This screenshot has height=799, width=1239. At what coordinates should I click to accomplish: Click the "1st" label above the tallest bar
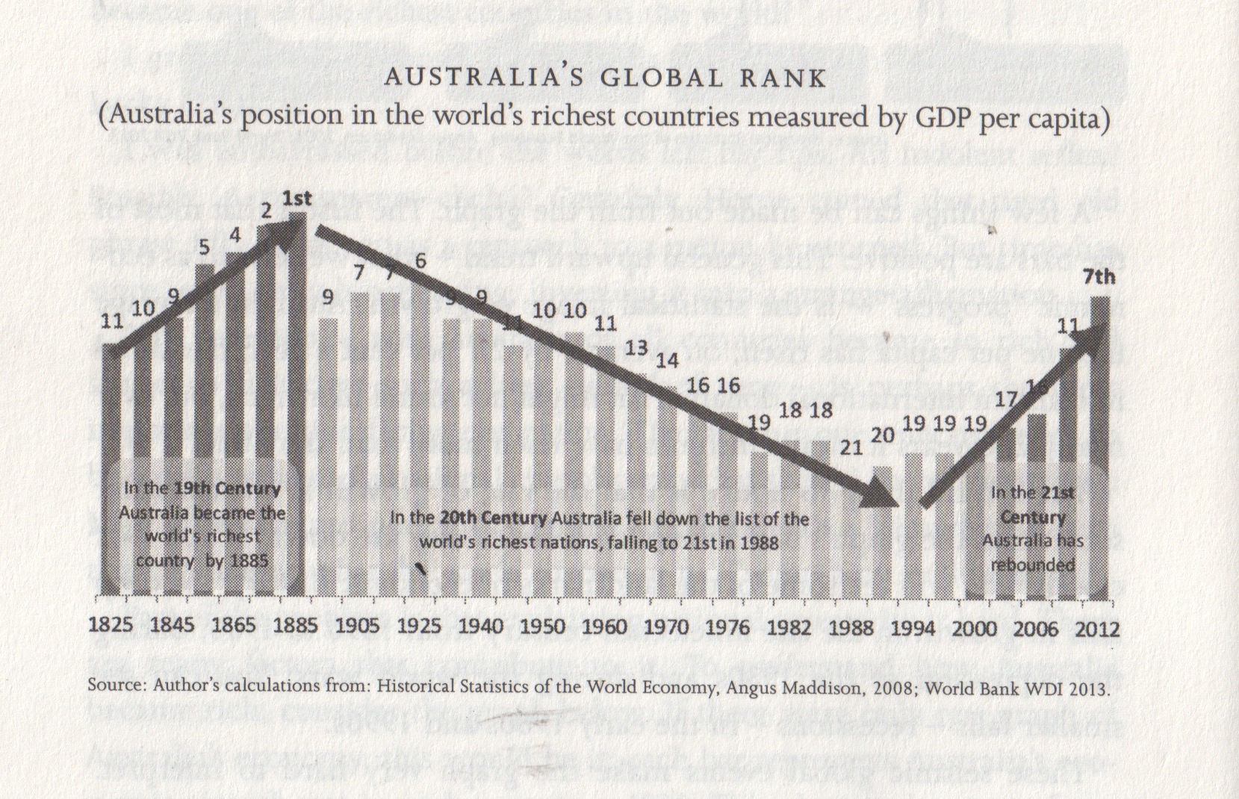(x=296, y=198)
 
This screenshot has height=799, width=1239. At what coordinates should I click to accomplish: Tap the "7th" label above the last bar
(x=1099, y=278)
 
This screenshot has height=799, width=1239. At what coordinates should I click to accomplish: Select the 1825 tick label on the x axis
(x=111, y=626)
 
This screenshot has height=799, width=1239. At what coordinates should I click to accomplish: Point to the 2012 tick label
(x=1097, y=629)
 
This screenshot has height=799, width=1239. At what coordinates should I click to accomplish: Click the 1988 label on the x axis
(x=851, y=627)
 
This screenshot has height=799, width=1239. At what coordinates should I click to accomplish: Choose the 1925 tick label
(x=419, y=626)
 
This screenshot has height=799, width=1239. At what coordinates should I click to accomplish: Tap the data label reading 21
(x=851, y=448)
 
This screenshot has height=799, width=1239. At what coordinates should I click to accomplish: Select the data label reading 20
(x=882, y=435)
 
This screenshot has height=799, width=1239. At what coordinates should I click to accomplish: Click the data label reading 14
(x=667, y=361)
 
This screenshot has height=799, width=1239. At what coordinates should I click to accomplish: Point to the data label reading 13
(x=636, y=348)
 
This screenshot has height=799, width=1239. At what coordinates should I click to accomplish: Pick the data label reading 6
(x=420, y=261)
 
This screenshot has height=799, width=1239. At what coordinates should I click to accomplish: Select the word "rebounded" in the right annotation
(x=1032, y=564)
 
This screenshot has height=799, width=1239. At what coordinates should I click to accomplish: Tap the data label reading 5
(x=204, y=247)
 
